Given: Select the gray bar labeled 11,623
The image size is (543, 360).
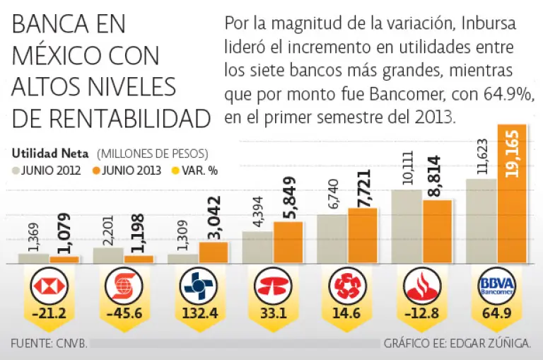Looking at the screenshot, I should [x=481, y=221].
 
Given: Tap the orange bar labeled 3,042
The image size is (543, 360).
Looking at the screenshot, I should [x=214, y=252].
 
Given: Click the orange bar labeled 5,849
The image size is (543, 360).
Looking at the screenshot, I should [x=288, y=243].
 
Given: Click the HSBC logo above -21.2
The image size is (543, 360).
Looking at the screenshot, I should [x=49, y=286].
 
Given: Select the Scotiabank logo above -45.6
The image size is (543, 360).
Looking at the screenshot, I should [x=123, y=286].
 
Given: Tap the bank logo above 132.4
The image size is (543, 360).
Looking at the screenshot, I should [x=198, y=286].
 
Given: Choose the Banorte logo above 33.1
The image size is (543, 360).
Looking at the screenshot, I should [x=273, y=286].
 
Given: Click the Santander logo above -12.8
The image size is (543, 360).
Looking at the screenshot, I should [x=422, y=286].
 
